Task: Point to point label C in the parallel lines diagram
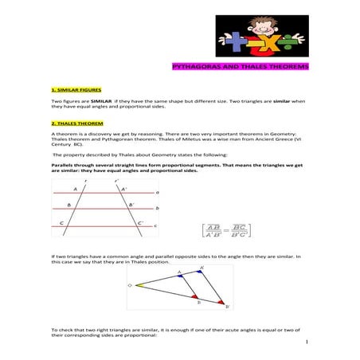(x=62, y=224)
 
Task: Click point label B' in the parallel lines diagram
(x=132, y=205)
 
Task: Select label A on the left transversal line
(x=76, y=189)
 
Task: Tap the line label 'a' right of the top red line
(x=157, y=192)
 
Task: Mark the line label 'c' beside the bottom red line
(x=155, y=226)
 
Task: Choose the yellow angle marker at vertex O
(x=138, y=284)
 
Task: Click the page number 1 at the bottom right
(x=306, y=342)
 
